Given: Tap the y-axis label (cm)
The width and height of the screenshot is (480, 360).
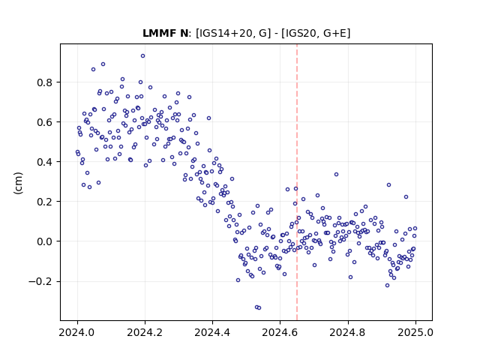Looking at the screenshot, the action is click(18, 183).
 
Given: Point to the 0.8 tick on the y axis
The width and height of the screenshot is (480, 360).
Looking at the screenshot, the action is click(45, 82).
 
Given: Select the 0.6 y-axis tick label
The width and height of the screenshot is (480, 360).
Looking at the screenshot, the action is click(45, 122).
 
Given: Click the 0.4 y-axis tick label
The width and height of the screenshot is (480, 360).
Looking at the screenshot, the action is click(45, 162).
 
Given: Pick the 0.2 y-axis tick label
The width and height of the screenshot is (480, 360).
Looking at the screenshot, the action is click(45, 202).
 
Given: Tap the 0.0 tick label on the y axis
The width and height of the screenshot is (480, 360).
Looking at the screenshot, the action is click(45, 241).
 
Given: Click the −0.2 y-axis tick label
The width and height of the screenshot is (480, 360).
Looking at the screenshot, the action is click(41, 281).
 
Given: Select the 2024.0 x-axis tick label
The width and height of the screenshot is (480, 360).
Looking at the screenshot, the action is click(77, 332).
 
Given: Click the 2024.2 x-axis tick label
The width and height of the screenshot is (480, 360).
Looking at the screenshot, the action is click(145, 332).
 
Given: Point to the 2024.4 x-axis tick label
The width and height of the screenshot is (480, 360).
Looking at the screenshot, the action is click(212, 332).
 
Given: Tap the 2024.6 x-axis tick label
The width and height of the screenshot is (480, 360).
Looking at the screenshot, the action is click(280, 332).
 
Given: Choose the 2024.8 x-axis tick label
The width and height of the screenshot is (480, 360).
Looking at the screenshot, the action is click(348, 332).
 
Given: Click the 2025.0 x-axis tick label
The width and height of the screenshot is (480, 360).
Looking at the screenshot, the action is click(415, 332).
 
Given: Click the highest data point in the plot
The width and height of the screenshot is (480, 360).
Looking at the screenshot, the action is click(142, 55).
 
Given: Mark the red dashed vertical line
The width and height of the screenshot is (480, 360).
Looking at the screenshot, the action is click(297, 182).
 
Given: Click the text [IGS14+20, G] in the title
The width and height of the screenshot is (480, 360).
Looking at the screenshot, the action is click(233, 33).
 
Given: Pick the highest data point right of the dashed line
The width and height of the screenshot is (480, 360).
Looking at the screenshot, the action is click(336, 174).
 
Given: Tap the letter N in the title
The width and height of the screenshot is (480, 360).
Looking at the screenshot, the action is click(184, 33).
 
